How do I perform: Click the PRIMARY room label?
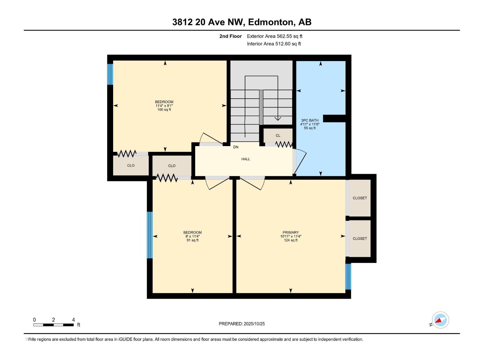(x=290, y=232)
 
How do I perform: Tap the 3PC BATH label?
(x=309, y=120)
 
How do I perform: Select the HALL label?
(x=245, y=159)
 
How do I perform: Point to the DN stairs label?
(x=235, y=147)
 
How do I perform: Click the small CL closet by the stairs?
(x=278, y=136)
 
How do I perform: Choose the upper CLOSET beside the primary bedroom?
(x=360, y=198)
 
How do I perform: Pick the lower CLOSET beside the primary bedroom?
(x=360, y=238)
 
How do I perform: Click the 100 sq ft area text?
(x=164, y=110)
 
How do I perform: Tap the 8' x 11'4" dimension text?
(x=192, y=236)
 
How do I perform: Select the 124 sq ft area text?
(x=290, y=240)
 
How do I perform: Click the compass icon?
(x=440, y=320)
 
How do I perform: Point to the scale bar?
(x=53, y=325)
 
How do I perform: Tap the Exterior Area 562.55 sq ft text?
(x=275, y=36)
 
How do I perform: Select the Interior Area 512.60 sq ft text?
(x=274, y=44)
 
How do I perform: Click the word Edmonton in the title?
(x=271, y=22)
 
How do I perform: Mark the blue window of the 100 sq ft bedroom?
(x=110, y=74)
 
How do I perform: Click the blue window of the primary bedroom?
(x=348, y=276)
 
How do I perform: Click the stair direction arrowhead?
(x=278, y=119)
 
